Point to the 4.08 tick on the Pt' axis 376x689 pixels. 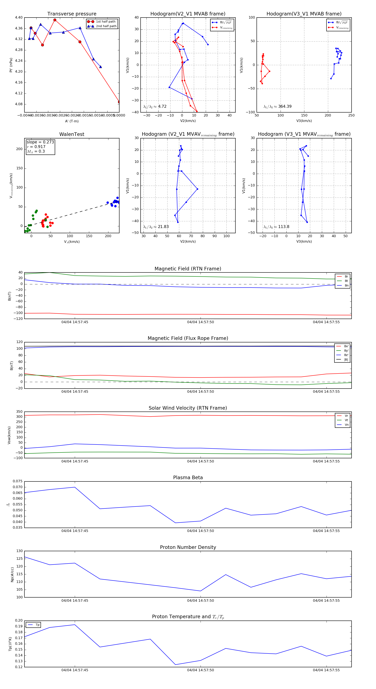[19, 104]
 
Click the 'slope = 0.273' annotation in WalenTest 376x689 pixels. [40, 142]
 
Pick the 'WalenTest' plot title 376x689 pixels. [72, 134]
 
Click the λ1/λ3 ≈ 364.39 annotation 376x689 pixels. [278, 106]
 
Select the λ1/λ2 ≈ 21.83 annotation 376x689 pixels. [156, 227]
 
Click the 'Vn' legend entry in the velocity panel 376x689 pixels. [346, 425]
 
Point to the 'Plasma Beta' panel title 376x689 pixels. [188, 478]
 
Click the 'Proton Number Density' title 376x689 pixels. [188, 547]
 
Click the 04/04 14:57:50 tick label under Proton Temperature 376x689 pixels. [201, 670]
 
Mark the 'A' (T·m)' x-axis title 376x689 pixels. [72, 121]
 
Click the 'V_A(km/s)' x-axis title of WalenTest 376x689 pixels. [72, 242]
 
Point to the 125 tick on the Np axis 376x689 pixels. [20, 559]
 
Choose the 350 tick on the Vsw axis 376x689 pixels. [19, 412]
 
